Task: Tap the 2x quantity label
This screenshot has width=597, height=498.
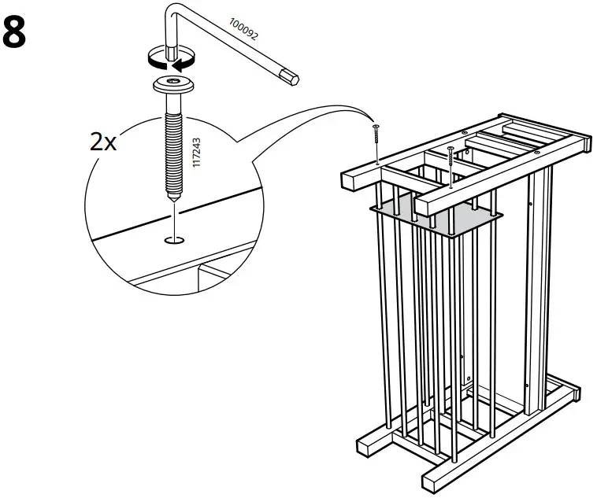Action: pyautogui.click(x=102, y=143)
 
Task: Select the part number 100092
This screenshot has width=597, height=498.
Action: pyautogui.click(x=243, y=29)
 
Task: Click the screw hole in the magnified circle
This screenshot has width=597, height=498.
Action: pyautogui.click(x=174, y=238)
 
